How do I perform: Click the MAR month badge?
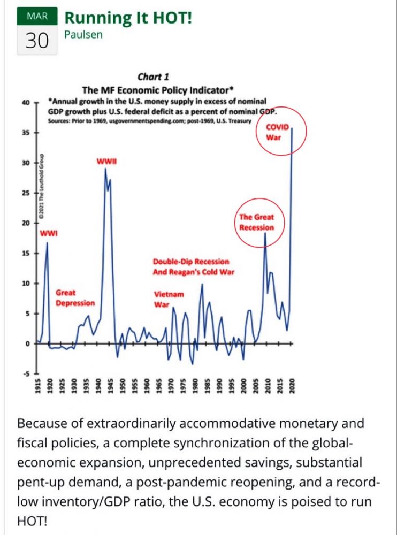[37, 17]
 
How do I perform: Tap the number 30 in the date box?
[37, 41]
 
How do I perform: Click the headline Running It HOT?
[128, 17]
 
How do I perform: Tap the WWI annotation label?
[49, 233]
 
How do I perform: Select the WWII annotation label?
[106, 161]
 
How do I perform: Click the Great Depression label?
[75, 298]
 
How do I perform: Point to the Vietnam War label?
[169, 300]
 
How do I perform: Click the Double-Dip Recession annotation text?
[191, 262]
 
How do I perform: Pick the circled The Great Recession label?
[256, 222]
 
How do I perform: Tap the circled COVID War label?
[278, 132]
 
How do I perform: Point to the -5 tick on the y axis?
[25, 373]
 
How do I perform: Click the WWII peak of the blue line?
[105, 169]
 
